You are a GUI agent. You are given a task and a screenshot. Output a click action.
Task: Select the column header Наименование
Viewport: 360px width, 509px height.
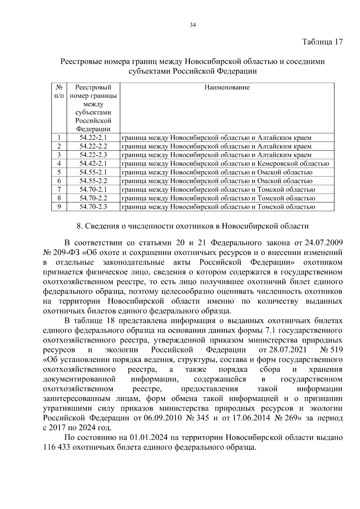(x=227, y=87)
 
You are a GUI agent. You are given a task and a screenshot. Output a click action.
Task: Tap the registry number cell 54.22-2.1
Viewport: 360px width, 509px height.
(x=93, y=138)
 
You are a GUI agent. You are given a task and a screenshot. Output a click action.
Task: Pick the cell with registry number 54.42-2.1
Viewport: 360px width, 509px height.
(x=93, y=163)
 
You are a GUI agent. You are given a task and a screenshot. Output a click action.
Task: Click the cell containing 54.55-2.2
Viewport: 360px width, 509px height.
(x=93, y=181)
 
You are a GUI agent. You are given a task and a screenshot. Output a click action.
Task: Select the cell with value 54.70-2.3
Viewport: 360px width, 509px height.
(x=93, y=207)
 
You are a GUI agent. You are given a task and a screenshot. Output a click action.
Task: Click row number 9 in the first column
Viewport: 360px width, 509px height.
(x=59, y=207)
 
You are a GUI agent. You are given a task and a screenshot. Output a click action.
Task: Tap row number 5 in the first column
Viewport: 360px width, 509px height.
(x=59, y=172)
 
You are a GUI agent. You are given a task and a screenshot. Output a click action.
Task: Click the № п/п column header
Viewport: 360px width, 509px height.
(x=59, y=91)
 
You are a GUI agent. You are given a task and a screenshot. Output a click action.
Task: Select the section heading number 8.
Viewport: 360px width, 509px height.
(x=79, y=226)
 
